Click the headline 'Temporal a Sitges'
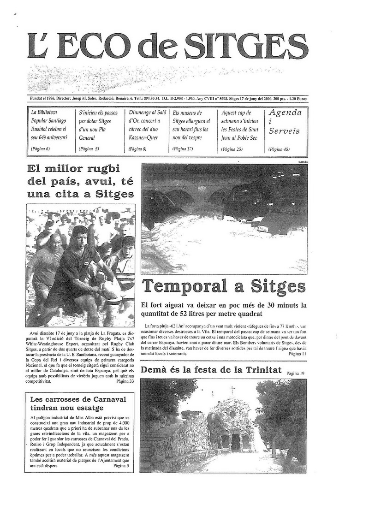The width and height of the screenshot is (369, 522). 224,286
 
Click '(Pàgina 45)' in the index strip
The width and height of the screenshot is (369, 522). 279,149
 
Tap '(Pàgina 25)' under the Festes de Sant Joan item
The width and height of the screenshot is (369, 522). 232,149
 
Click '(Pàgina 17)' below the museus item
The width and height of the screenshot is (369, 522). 183,149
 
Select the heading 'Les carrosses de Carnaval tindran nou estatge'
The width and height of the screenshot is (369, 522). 78,403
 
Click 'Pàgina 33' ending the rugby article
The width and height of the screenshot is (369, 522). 125,381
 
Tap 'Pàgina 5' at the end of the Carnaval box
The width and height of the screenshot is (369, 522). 121,466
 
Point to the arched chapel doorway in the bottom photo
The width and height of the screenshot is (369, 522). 235,442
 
